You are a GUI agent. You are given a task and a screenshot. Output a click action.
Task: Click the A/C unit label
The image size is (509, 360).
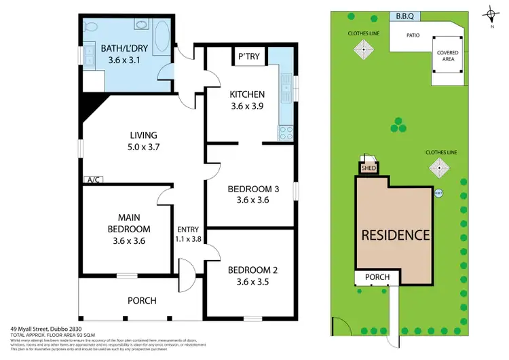point(92,179)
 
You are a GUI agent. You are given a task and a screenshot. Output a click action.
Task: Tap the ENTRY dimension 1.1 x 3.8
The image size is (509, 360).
point(188,240)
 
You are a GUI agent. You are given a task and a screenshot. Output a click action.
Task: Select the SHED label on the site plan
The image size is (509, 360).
point(369,168)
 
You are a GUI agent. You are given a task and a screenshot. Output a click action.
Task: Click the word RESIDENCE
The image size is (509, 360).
point(395,235)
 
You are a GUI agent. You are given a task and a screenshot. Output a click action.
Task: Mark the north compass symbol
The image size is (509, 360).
point(491,15)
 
